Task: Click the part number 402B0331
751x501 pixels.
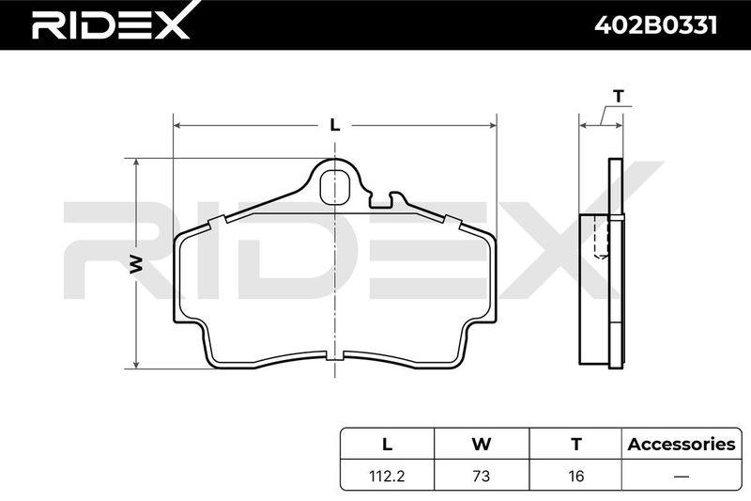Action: coord(655,24)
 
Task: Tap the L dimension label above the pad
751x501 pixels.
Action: coord(335,125)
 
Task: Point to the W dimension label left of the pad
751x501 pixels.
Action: coord(136,264)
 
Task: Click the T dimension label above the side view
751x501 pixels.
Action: coord(619,97)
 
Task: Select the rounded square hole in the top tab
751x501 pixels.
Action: coord(334,186)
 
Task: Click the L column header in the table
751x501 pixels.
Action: coord(387,445)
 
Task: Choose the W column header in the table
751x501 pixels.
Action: coord(482,445)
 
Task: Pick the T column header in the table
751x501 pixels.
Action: coord(576,445)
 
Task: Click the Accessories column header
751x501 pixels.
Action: coord(682,445)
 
